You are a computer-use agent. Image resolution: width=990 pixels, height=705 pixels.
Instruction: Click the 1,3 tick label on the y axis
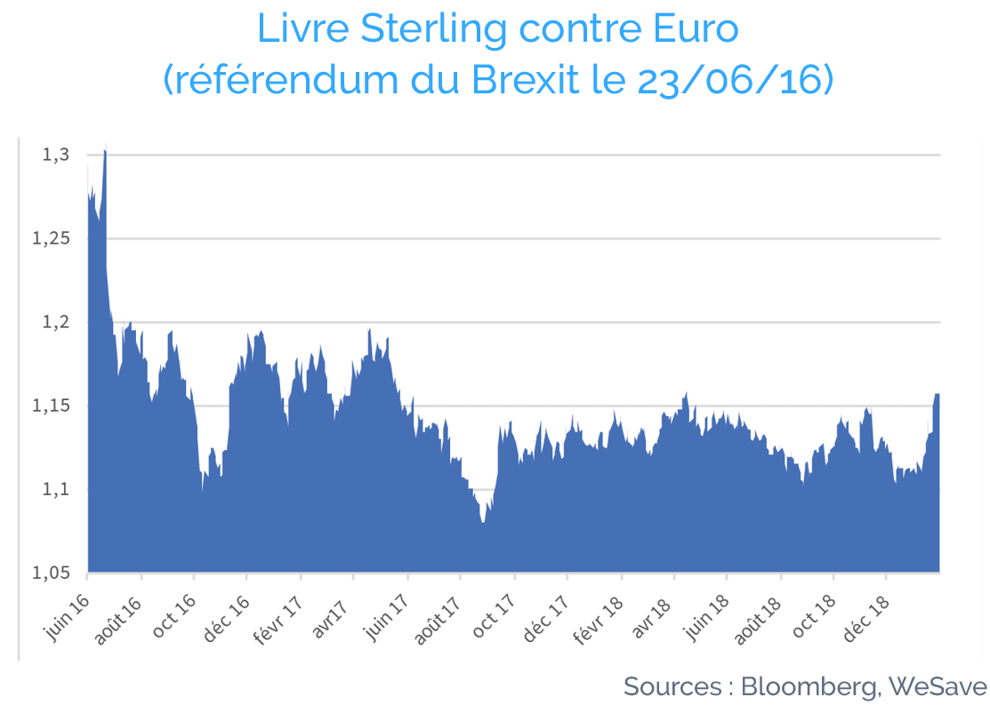click(55, 155)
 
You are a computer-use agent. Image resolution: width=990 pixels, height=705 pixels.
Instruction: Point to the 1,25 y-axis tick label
click(51, 238)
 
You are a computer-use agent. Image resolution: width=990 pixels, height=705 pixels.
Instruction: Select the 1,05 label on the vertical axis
click(51, 573)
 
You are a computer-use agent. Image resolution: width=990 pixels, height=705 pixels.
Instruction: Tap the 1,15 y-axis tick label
click(51, 405)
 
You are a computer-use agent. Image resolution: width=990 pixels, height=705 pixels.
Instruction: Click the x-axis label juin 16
click(67, 618)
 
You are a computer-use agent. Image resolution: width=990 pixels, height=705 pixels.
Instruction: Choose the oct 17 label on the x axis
click(494, 615)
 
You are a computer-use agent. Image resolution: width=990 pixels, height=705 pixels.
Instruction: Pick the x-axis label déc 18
click(865, 618)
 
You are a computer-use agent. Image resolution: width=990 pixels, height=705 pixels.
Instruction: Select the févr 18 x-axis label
click(598, 620)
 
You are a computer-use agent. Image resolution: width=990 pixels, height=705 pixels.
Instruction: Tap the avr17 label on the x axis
click(330, 616)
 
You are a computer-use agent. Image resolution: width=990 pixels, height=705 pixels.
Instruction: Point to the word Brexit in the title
click(526, 79)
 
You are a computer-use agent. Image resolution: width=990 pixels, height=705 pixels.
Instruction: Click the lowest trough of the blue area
click(483, 521)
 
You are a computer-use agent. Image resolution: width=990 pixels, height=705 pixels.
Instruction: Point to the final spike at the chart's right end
click(937, 395)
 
